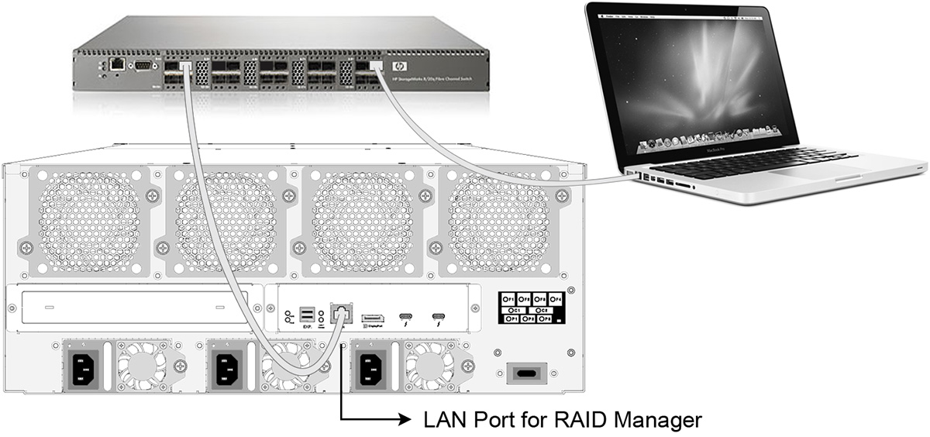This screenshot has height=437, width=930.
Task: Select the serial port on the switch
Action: coord(141,65)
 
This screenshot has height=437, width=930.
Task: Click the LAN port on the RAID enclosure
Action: coord(341,314)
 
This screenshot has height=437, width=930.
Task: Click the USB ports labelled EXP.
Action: coord(307,315)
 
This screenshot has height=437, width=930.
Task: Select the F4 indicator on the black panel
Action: coord(555,298)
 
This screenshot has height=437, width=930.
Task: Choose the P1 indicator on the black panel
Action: coord(511,318)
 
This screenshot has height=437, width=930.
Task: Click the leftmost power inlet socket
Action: coord(88,366)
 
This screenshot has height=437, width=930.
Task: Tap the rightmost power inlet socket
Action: coord(370,366)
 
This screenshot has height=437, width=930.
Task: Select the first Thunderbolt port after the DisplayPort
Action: coord(406,316)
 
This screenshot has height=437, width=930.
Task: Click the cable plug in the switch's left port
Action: coord(186,67)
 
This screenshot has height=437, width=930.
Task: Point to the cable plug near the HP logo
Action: coord(376,67)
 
